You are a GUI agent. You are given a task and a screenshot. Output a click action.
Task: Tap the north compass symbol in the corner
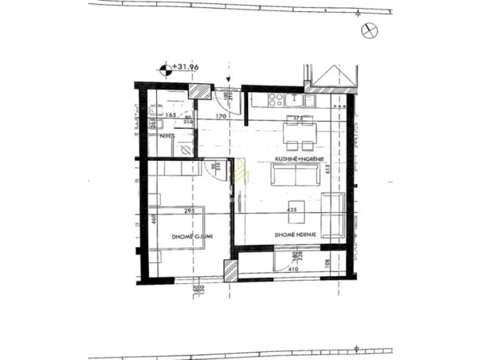coord(368,30)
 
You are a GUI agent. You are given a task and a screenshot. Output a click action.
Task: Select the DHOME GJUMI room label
coord(190,237)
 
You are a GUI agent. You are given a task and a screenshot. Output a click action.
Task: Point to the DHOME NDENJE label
coord(297,234)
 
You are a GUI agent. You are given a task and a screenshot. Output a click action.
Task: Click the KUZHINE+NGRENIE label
coord(299,160)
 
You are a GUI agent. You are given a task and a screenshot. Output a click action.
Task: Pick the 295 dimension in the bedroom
coord(190,211)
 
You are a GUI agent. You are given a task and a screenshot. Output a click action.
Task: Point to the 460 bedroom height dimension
coord(150,218)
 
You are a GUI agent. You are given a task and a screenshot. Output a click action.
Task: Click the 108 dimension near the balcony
coord(327,262)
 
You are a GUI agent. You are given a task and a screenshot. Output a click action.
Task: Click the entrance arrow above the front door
coord(230,82)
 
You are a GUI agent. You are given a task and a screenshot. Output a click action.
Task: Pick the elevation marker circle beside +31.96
coord(166,70)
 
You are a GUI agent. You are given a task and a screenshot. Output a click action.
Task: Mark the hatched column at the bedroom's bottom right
coord(230,270)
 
